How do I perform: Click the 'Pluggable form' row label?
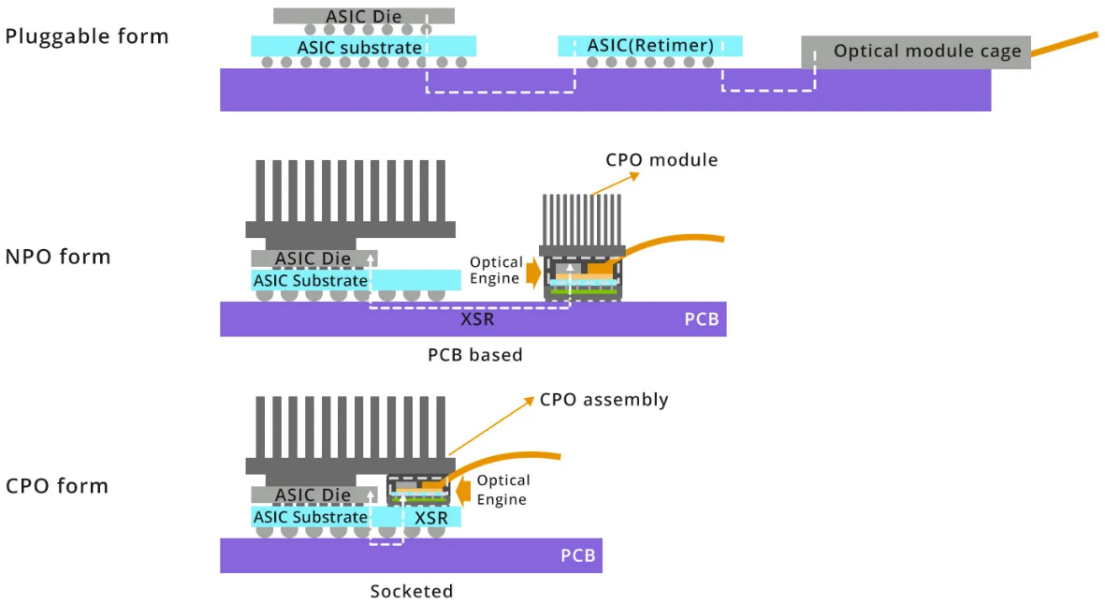point(87,37)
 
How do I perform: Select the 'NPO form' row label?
point(58,257)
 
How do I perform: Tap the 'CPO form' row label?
point(57,486)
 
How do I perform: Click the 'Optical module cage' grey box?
point(916,52)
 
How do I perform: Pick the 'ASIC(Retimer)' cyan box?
point(650,45)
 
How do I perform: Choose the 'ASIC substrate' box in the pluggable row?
point(363,46)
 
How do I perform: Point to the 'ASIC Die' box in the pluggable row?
point(364,16)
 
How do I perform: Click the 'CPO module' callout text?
point(662,160)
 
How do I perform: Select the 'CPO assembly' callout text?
point(603,400)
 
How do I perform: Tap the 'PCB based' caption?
point(474,355)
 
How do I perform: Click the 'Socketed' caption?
point(411,591)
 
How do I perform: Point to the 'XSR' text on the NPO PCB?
point(477,319)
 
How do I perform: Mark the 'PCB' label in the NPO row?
point(701,319)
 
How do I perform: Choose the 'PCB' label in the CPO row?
point(577,555)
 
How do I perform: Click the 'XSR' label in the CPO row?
point(431,518)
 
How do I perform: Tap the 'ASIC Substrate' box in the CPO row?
point(311,517)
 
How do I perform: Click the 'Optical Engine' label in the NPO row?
point(496,271)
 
